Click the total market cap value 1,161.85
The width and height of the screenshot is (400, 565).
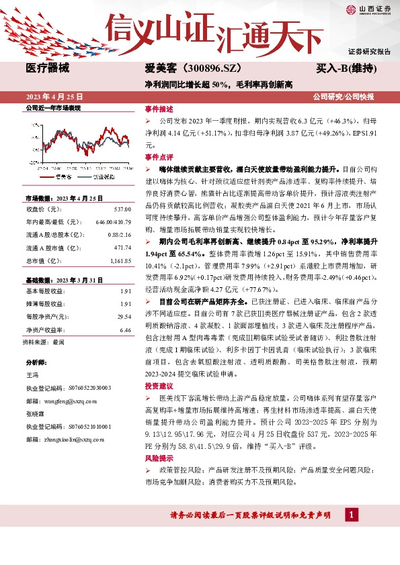pos(118,259)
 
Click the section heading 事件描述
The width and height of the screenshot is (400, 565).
pos(159,108)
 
